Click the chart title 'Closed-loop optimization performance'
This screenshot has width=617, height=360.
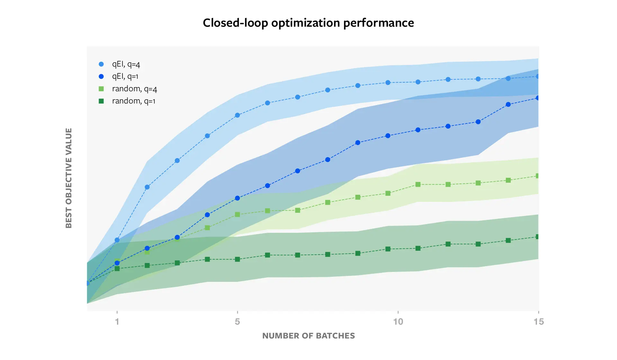[x=308, y=23]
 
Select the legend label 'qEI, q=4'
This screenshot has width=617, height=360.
[x=126, y=64]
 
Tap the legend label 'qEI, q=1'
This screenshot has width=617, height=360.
[x=125, y=76]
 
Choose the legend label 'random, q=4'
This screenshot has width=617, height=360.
[x=134, y=89]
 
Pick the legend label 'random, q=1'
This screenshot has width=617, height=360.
[x=133, y=101]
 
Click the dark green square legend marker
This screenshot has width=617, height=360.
[x=101, y=101]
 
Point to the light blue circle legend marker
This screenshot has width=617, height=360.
[x=101, y=64]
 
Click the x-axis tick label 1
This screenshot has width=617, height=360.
[x=117, y=321]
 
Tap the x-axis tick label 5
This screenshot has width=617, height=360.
[x=237, y=321]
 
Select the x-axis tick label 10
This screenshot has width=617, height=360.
[x=398, y=321]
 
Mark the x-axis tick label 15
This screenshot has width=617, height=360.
[x=539, y=321]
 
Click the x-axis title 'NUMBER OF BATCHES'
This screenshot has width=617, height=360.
[x=308, y=336]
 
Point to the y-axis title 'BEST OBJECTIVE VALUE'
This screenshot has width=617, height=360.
[x=68, y=178]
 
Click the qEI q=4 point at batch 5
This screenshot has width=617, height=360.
[x=237, y=115]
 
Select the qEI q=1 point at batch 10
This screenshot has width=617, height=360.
[x=388, y=136]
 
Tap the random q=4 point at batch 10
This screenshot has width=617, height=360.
[x=388, y=193]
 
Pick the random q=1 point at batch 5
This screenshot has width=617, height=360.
[x=237, y=259]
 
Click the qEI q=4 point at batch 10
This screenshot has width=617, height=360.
[x=388, y=83]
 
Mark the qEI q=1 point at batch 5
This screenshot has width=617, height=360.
[x=237, y=198]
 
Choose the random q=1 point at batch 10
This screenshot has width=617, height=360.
[x=388, y=249]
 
